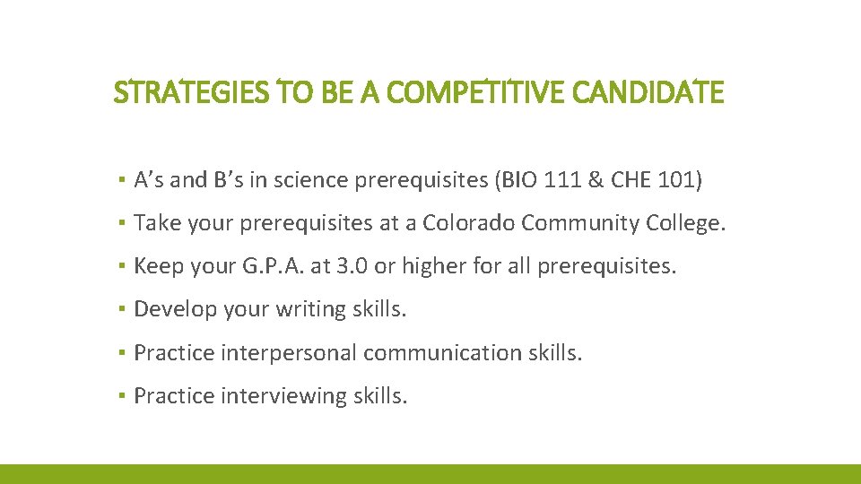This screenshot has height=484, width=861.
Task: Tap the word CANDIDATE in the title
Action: pyautogui.click(x=646, y=92)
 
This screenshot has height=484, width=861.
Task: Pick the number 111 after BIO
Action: pyautogui.click(x=563, y=181)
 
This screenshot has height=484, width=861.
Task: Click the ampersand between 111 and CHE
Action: pyautogui.click(x=596, y=181)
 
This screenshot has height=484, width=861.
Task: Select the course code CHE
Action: pyautogui.click(x=629, y=181)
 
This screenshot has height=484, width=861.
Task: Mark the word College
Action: pyautogui.click(x=686, y=223)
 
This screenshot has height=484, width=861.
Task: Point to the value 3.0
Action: pyautogui.click(x=345, y=266)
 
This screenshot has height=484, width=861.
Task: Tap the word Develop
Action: pyautogui.click(x=170, y=309)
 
